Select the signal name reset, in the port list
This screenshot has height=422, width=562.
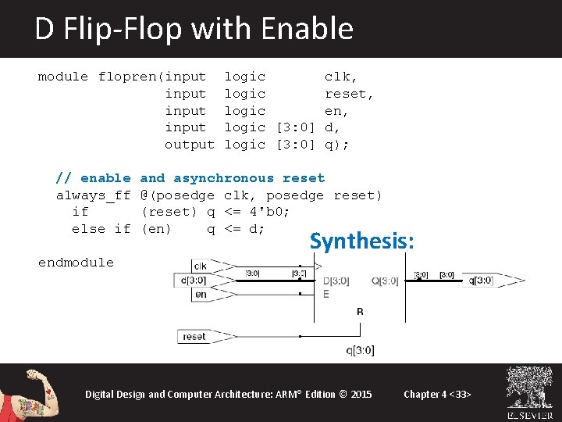coord(349,94)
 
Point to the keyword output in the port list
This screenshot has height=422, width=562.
coord(189,145)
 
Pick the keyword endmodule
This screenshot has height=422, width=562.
coord(76,263)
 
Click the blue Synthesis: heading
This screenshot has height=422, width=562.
coord(361,241)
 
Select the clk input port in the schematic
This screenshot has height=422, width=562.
coord(200,266)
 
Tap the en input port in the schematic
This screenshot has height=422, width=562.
coord(200,295)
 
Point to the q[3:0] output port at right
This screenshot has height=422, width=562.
coord(481,281)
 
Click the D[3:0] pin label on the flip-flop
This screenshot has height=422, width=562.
coord(336,281)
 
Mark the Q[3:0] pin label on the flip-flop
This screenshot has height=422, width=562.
coord(385,281)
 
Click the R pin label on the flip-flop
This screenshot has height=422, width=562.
coord(360,312)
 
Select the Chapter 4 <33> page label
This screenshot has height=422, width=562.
coord(437,394)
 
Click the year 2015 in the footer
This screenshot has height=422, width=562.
coord(361,394)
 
